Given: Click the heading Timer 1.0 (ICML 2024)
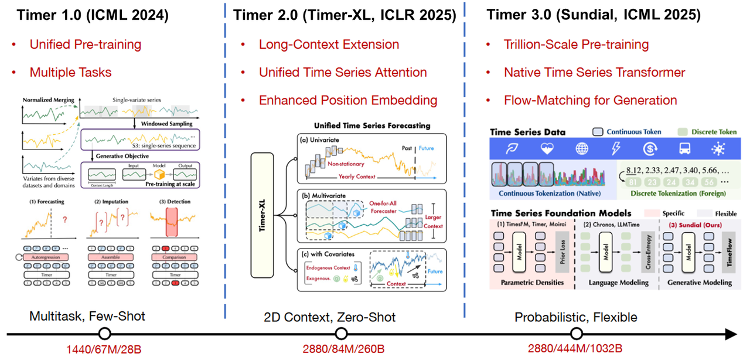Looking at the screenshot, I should [93, 15].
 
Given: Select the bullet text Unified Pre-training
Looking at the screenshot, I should [85, 45].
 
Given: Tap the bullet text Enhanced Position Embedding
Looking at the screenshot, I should [348, 100].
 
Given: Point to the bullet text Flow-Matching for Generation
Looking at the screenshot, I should [590, 100].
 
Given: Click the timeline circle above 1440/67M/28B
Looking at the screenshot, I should [105, 334].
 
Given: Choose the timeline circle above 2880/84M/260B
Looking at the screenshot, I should [341, 334].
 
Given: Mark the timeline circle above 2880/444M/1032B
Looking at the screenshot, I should [577, 334].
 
